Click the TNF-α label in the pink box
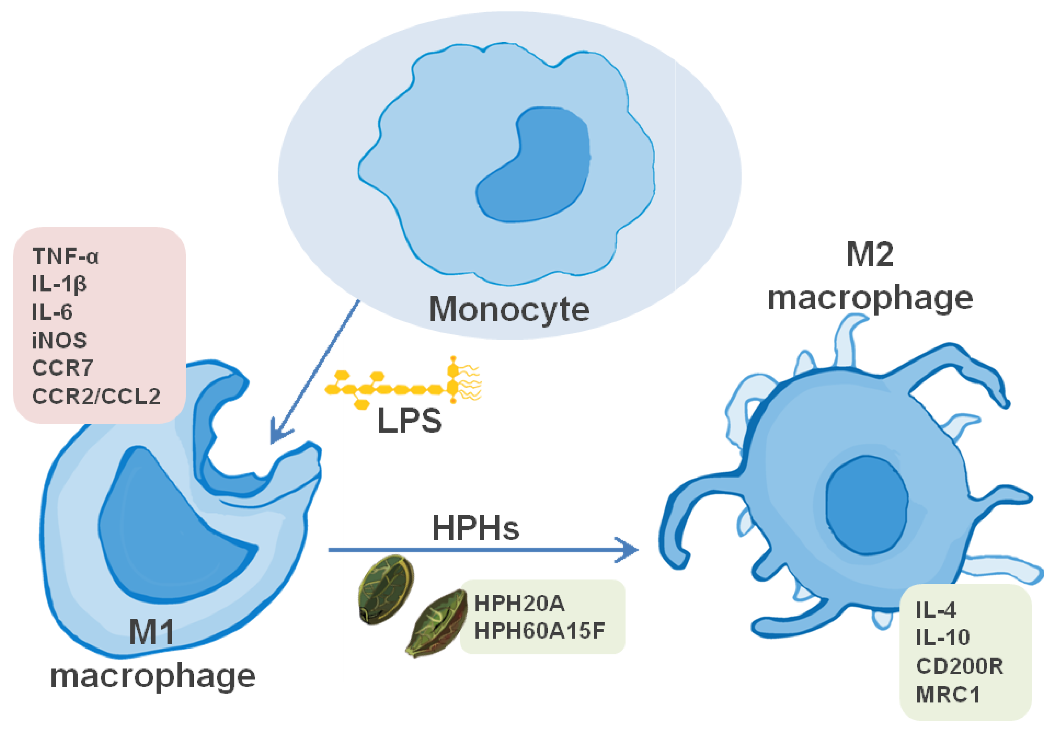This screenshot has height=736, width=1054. tap(65, 256)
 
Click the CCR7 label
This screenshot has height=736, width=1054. tap(63, 368)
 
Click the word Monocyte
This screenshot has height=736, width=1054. tap(509, 309)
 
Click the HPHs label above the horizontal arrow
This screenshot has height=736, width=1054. tap(475, 529)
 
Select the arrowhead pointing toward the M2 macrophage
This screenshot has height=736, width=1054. tap(629, 550)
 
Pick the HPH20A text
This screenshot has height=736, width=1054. tap(519, 603)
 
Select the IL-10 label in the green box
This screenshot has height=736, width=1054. tap(942, 637)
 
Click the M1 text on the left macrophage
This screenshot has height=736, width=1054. tap(152, 633)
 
